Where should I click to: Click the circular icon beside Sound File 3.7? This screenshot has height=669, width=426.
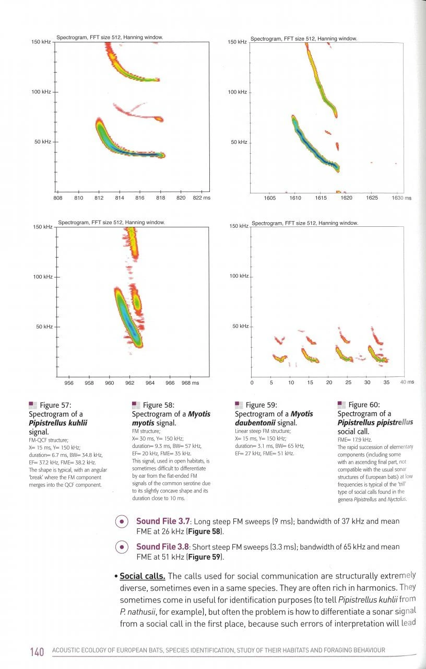pyautogui.click(x=121, y=522)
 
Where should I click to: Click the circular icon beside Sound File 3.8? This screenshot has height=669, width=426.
pyautogui.click(x=121, y=548)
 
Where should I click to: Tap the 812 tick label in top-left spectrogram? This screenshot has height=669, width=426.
pyautogui.click(x=99, y=198)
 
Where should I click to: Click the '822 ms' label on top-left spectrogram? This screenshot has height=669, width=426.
pyautogui.click(x=202, y=198)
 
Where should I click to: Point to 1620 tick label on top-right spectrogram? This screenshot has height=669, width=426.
pyautogui.click(x=347, y=198)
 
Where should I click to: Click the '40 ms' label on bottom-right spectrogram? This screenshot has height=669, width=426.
pyautogui.click(x=407, y=382)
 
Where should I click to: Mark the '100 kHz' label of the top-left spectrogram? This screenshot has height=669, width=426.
pyautogui.click(x=41, y=92)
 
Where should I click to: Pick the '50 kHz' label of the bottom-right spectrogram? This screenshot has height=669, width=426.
pyautogui.click(x=240, y=327)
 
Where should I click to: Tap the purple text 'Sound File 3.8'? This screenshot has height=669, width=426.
pyautogui.click(x=162, y=547)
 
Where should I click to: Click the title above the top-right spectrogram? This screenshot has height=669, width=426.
pyautogui.click(x=304, y=39)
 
